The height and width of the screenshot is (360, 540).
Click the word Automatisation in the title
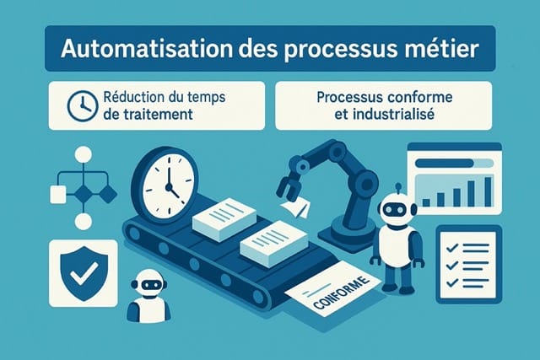(123, 51)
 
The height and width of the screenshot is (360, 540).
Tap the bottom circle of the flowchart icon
(83, 222)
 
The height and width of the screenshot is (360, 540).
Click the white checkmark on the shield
(83, 272)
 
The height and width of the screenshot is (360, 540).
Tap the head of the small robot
(148, 283)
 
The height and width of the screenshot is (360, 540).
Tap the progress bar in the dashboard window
(447, 159)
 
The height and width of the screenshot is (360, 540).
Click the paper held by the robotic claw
(294, 206)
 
